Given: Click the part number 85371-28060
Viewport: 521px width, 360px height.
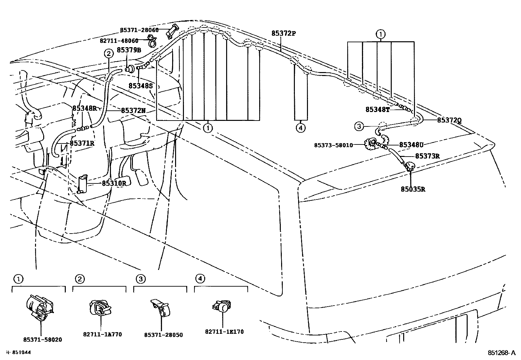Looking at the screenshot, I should point(139,30).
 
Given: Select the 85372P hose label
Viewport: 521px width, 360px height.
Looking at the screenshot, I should point(283,33).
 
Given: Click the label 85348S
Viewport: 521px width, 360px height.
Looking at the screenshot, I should point(140,86).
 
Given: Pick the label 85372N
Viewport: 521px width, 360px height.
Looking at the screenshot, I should point(133,111).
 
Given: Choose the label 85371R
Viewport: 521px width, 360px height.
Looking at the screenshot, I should point(82,143).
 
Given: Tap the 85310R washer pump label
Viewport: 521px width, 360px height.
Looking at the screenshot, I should point(114,183).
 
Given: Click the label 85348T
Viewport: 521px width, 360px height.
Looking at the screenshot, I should point(378,110).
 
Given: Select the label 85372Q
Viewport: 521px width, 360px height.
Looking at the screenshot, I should point(449,120).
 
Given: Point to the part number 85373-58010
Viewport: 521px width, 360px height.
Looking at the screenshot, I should point(333,145).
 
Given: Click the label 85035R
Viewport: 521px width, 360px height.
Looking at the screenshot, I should point(413,189).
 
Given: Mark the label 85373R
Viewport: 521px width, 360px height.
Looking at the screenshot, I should point(427,156).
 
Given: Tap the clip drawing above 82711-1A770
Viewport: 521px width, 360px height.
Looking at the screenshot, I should point(99,308).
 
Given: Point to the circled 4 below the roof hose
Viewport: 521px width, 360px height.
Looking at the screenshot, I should point(300,127).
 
